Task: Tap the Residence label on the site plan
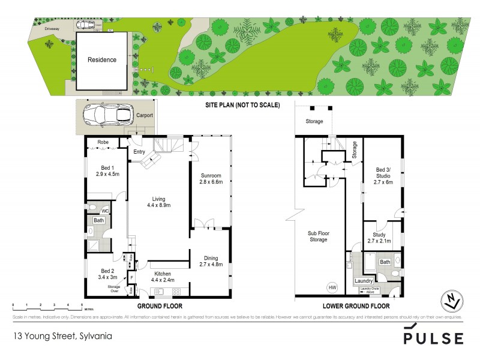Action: [102, 60]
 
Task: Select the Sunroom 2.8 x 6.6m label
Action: [209, 178]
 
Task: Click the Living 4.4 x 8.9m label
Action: [158, 202]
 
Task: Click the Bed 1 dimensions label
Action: [107, 170]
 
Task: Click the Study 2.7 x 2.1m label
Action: [379, 238]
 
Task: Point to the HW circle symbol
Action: [331, 287]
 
